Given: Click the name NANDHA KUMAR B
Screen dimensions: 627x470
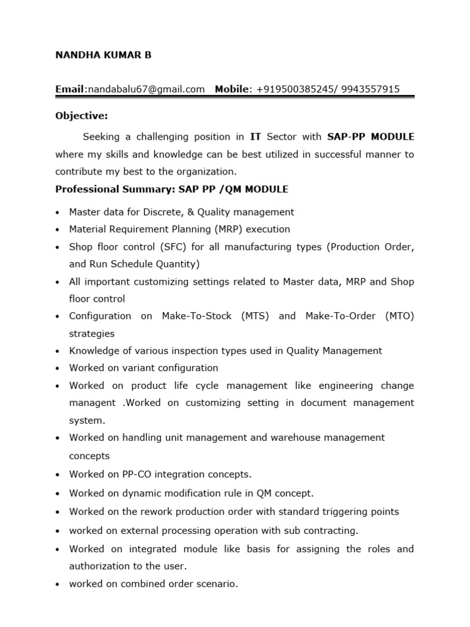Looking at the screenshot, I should pos(103,55).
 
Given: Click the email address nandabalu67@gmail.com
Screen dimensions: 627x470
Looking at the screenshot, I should pos(146,89).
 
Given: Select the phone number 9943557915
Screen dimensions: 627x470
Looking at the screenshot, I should pos(372,89).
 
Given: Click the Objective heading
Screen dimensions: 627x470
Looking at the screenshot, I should pos(81,116).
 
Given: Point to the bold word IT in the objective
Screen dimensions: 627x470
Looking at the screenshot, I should pos(256,137).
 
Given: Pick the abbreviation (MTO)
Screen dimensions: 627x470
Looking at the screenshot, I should pos(400,316).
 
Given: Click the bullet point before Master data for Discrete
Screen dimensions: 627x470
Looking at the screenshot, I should pos(58,212).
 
